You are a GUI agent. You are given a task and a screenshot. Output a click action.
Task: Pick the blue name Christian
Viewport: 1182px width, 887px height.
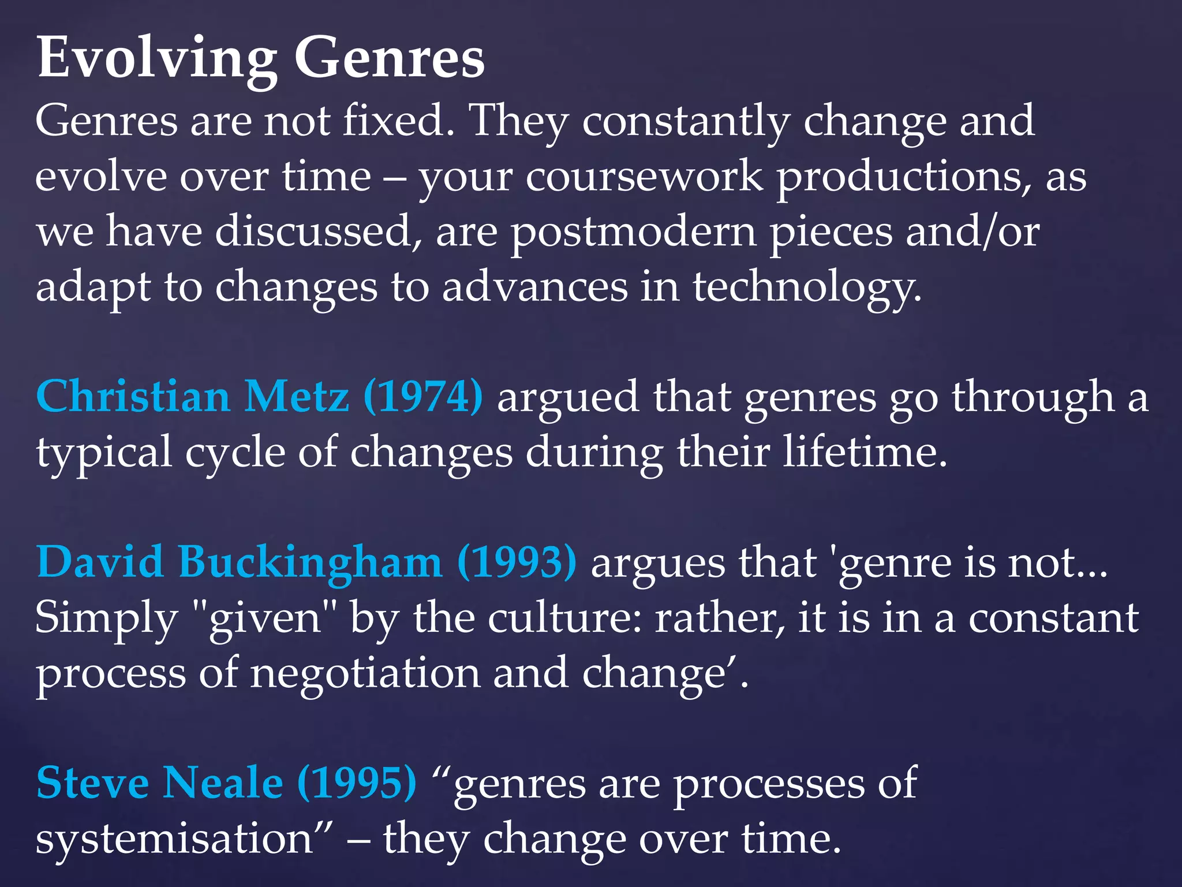point(133,397)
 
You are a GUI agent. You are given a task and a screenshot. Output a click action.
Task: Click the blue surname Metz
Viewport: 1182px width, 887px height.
point(297,397)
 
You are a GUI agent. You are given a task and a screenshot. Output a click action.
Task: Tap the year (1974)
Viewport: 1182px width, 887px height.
point(423,397)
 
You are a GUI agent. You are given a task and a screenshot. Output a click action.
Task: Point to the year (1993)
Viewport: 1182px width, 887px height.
point(517,562)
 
